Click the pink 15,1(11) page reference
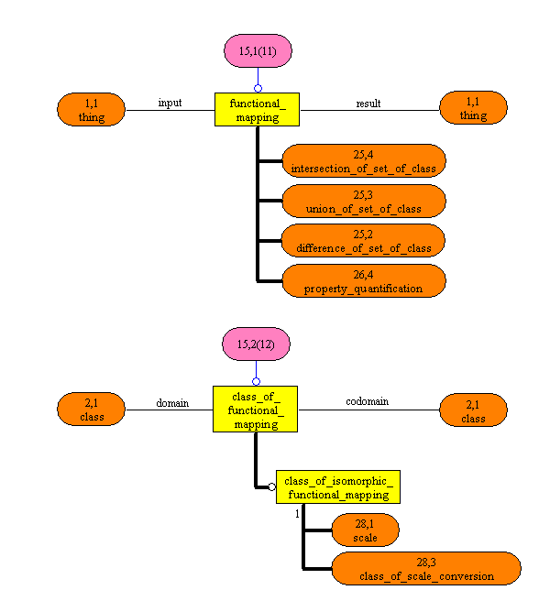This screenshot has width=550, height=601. point(258,51)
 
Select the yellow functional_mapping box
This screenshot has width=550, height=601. point(258,110)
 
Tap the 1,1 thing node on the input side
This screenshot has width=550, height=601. point(92,109)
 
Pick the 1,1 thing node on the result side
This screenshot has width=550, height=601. point(473,109)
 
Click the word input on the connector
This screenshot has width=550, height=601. point(170,103)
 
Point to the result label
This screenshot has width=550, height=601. point(368,104)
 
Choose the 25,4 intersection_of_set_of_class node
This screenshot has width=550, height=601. point(364,160)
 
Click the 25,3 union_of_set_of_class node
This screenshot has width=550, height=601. point(364,202)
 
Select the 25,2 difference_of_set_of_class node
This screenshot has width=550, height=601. point(364,241)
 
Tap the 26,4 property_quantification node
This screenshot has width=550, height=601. point(364,281)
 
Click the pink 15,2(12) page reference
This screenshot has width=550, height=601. point(257,344)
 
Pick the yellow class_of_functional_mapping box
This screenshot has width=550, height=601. point(257,409)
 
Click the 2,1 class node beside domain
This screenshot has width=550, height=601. point(92,410)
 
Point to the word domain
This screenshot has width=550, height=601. point(171,402)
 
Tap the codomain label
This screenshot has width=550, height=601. point(370,401)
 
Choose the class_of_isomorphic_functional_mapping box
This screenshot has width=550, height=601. point(338,487)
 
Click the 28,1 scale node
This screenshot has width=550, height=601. point(365,530)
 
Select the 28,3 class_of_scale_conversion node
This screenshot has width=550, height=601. point(427,569)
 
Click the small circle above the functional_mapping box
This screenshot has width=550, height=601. point(258,88)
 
